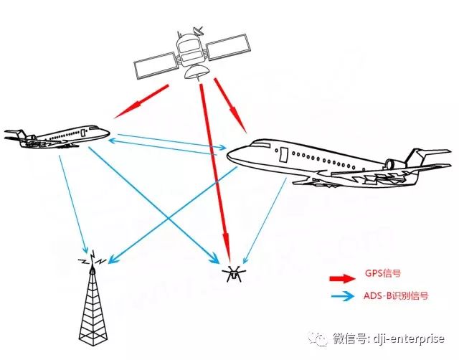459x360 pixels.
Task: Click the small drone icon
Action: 232,273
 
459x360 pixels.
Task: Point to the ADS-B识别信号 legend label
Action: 400,296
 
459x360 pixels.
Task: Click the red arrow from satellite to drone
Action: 215,172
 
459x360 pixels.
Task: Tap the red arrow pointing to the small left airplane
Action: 141,102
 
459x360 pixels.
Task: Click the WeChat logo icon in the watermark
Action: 318,338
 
